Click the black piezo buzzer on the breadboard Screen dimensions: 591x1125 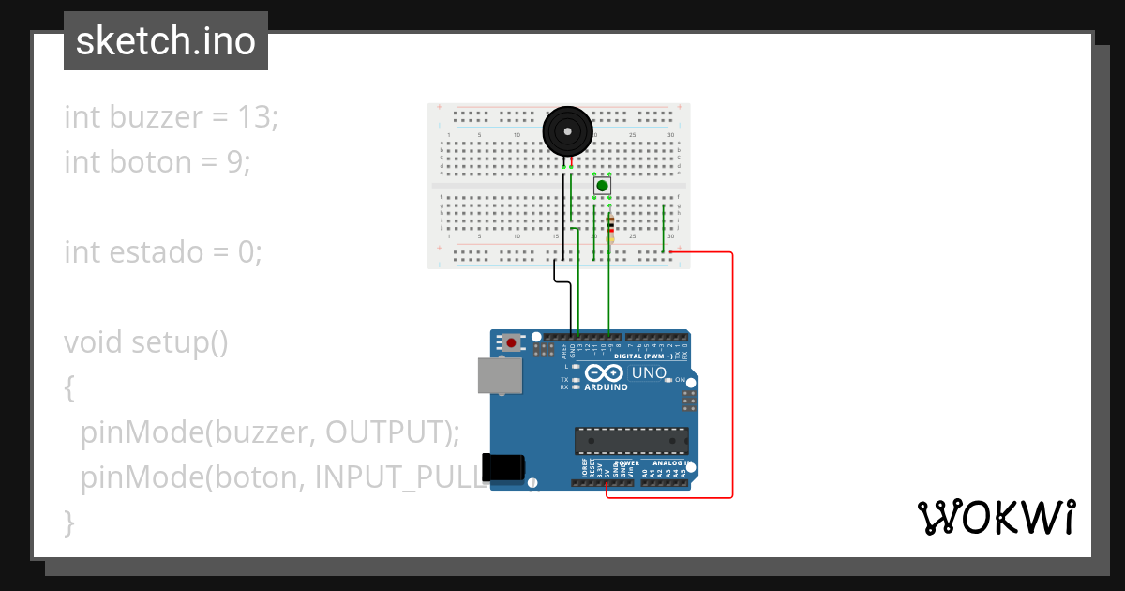coord(567,131)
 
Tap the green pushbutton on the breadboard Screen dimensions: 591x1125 coord(602,186)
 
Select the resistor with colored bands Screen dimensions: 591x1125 coord(610,225)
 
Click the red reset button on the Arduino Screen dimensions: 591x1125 coord(511,342)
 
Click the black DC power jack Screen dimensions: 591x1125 coord(502,467)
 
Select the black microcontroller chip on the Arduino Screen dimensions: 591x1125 coord(631,440)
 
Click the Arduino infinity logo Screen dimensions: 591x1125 coord(606,373)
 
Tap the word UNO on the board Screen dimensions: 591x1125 coord(649,372)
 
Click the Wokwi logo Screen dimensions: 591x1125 coord(996,517)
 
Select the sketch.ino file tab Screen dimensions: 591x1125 coord(166,41)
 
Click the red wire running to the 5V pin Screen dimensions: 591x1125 coord(732,375)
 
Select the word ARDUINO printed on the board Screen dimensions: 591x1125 coord(606,386)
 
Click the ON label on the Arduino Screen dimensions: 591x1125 coord(680,380)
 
